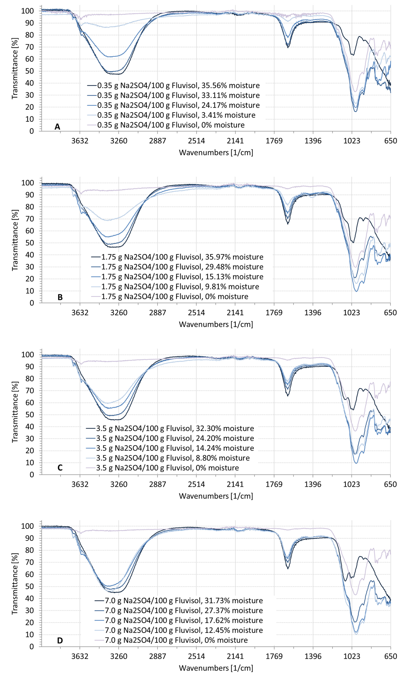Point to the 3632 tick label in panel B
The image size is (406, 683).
tap(80, 312)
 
